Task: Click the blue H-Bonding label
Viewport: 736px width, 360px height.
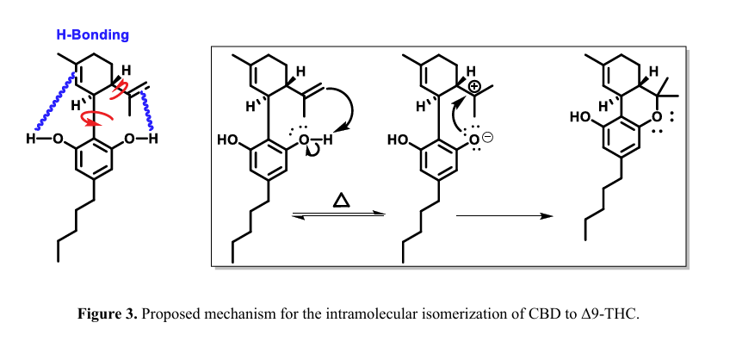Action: click(x=92, y=35)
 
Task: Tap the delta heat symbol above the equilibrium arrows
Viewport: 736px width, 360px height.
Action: click(x=341, y=201)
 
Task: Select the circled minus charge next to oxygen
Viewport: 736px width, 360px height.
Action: click(x=487, y=137)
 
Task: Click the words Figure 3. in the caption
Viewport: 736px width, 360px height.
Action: click(x=108, y=313)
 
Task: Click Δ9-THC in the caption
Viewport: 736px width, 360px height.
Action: click(x=609, y=313)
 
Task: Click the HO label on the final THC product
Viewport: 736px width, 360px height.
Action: click(x=579, y=117)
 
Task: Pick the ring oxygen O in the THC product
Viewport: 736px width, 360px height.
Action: click(x=658, y=116)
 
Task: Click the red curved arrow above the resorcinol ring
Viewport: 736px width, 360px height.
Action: click(x=97, y=119)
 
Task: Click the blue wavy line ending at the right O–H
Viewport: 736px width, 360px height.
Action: click(x=147, y=111)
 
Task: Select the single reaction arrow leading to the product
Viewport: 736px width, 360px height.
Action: click(x=504, y=216)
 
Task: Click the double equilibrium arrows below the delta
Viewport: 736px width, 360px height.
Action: click(x=338, y=215)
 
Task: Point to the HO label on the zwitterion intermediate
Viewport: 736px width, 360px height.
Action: click(x=398, y=140)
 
